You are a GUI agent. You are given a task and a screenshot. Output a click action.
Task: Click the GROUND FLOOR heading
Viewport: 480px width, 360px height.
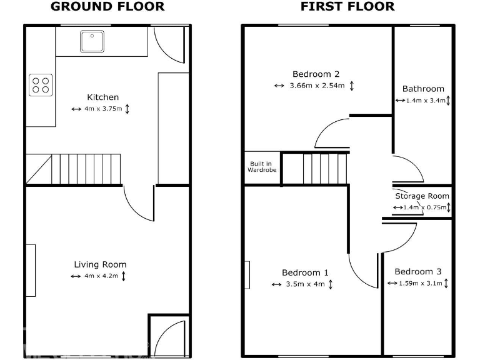[x=107, y=7]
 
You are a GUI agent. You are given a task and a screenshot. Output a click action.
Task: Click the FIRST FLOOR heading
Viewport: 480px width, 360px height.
[x=347, y=7]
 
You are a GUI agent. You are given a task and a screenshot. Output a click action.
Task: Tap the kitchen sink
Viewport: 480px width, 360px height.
[x=92, y=41]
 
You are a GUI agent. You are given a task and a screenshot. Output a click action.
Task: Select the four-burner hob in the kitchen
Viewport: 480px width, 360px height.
[x=41, y=84]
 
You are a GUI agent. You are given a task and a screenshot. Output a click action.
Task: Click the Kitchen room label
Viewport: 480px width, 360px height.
[x=102, y=97]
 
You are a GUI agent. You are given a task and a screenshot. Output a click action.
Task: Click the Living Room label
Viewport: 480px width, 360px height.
[x=100, y=264]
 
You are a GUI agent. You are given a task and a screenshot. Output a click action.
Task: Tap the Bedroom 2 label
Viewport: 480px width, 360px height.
[x=316, y=74]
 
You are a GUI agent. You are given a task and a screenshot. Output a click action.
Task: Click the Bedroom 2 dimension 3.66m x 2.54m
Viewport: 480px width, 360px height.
[x=317, y=86]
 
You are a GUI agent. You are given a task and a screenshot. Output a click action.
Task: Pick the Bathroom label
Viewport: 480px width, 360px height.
[x=423, y=89]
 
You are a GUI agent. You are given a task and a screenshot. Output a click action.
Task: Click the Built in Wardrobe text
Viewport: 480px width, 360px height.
[x=262, y=167]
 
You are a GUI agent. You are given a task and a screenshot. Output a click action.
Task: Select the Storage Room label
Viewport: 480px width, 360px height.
[x=422, y=196]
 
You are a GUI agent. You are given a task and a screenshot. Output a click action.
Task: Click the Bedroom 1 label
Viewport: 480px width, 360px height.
[x=305, y=272]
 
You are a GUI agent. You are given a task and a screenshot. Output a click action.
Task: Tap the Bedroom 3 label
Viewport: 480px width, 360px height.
[x=417, y=271]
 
